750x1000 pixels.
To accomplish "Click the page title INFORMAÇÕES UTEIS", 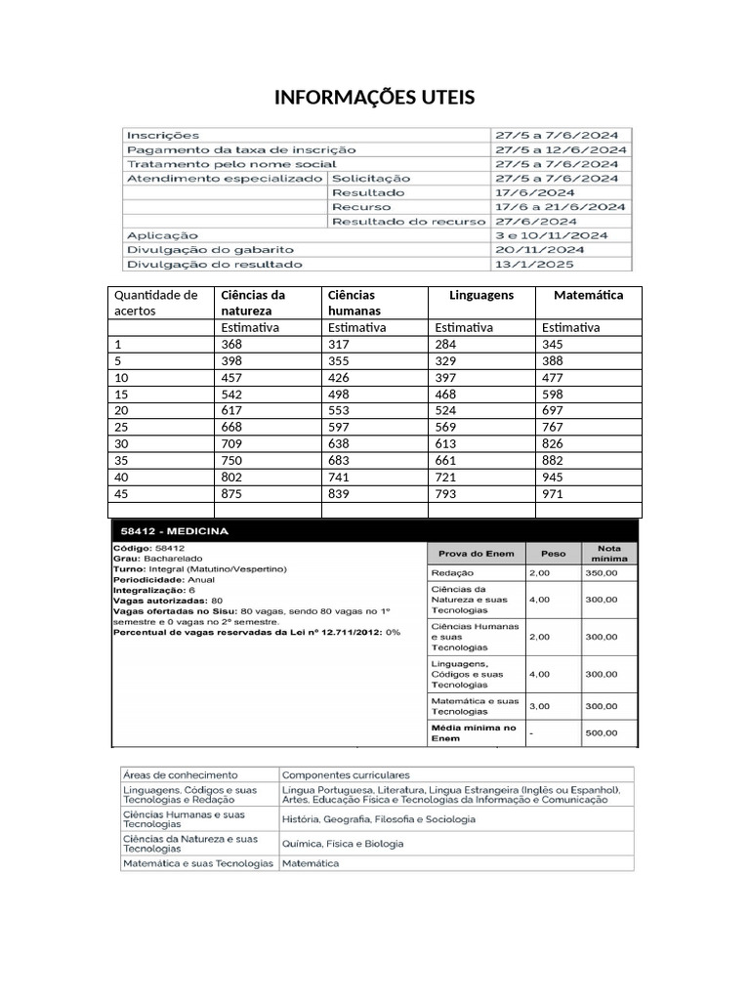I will point(374,98).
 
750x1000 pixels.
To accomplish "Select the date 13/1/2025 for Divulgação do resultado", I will point(534,264).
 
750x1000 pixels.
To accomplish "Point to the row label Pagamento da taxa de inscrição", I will point(241,149).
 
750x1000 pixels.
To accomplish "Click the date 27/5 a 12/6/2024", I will point(561,149).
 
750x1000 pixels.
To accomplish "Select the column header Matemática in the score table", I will point(588,295).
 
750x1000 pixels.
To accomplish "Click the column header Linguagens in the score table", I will point(480,295).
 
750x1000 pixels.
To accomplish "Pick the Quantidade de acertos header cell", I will point(156,303).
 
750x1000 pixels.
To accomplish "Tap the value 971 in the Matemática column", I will point(554,493).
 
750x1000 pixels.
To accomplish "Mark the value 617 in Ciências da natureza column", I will point(232,410).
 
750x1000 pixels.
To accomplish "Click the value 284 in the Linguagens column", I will point(445,345).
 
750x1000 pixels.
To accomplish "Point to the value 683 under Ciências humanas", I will point(340,460).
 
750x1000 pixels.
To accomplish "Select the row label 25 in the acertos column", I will point(122,427).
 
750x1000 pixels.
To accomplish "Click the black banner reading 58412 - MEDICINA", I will point(374,531).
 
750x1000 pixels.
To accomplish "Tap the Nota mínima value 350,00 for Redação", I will point(601,573).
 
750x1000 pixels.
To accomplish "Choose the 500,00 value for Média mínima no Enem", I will point(601,732).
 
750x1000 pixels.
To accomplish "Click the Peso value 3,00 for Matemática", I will point(539,705).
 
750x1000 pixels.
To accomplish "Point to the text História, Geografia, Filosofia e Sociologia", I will point(379,818).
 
